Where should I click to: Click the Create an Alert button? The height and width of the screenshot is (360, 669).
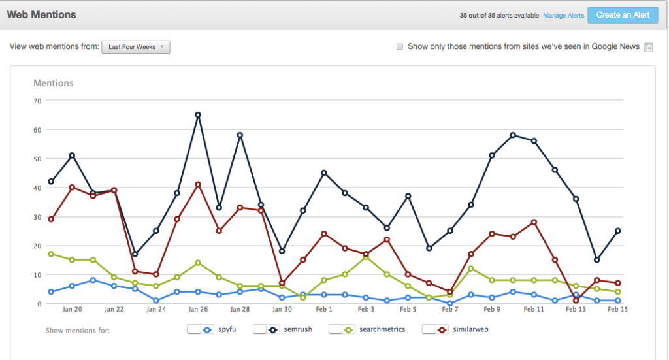coord(623,14)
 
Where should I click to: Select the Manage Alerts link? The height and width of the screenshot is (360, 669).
coord(563,15)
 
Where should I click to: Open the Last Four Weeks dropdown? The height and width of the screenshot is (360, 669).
coord(136,47)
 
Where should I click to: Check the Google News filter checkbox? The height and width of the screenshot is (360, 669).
coord(400,47)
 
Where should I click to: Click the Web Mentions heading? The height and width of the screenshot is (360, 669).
coord(41,14)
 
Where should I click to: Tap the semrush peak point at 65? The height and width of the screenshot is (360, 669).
coord(197,115)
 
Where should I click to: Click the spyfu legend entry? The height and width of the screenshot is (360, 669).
coord(218,329)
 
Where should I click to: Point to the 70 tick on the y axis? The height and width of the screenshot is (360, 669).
coord(37,101)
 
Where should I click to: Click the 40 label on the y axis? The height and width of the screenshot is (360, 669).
coord(37,188)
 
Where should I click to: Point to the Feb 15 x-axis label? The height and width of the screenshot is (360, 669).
coord(617,309)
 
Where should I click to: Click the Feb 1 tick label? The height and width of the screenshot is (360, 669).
coord(324,309)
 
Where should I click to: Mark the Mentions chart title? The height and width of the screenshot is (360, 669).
coord(54,83)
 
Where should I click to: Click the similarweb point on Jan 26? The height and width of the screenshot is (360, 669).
coord(197,184)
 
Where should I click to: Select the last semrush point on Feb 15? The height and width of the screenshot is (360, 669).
coord(617,231)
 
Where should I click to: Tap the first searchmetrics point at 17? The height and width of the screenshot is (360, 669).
coord(51,254)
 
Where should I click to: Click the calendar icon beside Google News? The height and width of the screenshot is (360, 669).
coord(648,47)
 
